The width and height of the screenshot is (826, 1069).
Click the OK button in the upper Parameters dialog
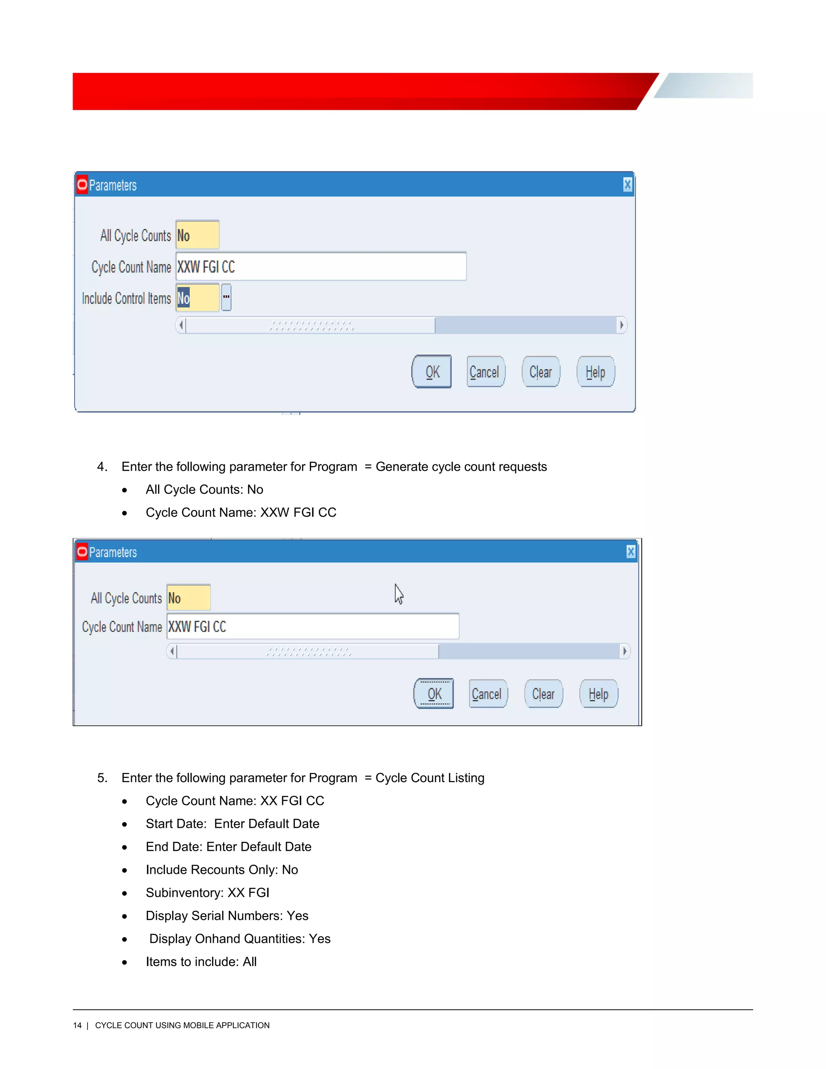click(x=432, y=372)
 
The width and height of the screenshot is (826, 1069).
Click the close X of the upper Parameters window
click(x=627, y=185)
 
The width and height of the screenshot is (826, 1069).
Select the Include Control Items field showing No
click(x=197, y=298)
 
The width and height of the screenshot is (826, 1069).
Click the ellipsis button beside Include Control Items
click(x=226, y=297)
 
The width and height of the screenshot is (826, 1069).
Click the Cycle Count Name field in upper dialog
click(x=321, y=267)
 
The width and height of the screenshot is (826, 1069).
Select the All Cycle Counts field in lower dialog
click(x=188, y=598)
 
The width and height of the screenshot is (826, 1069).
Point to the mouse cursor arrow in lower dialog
click(x=399, y=593)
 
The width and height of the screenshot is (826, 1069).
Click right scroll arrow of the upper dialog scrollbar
click(x=622, y=325)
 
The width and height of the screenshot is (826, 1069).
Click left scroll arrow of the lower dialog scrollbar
click(x=172, y=651)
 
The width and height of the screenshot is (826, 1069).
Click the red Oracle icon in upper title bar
click(x=82, y=185)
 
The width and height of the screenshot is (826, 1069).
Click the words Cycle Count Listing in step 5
click(x=430, y=778)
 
